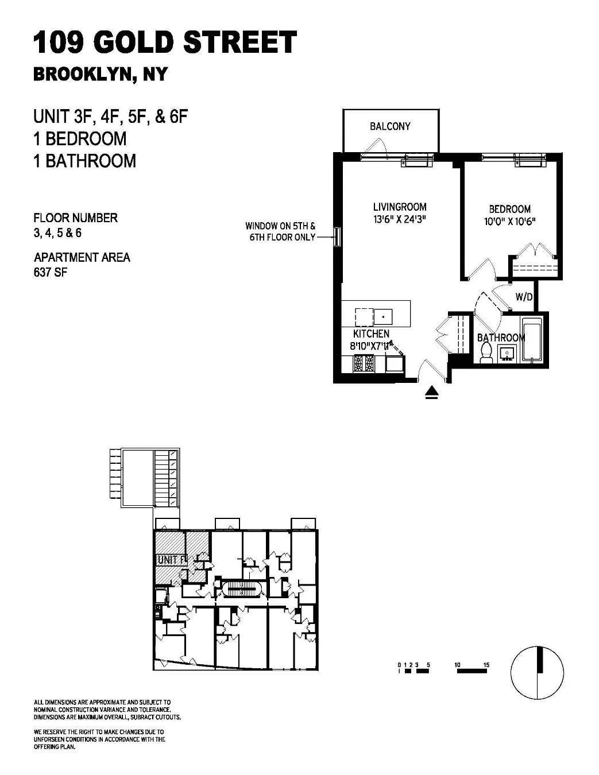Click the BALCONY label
[x=390, y=126]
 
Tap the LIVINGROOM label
[x=400, y=207]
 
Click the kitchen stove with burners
[x=362, y=363]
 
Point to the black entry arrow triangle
[x=432, y=393]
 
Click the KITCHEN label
[x=371, y=334]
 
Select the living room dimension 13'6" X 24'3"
[x=400, y=219]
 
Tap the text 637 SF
[x=51, y=273]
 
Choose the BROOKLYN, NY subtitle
[x=101, y=75]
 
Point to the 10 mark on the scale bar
[x=458, y=665]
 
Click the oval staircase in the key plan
[x=241, y=589]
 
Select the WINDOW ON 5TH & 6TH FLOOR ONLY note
[x=281, y=231]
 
